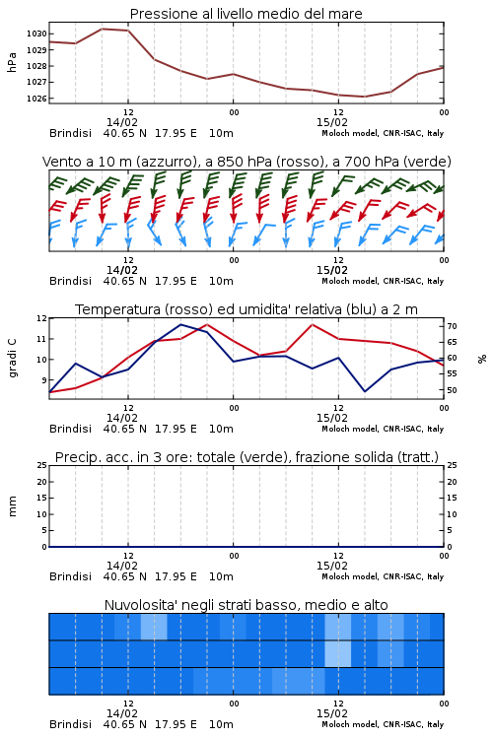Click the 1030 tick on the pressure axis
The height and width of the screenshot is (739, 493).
[36, 34]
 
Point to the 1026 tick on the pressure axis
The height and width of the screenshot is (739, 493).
[36, 99]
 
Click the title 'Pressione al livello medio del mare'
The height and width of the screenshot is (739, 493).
[246, 14]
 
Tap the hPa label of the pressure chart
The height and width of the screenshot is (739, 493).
[12, 62]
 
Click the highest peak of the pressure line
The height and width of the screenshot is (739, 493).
[102, 29]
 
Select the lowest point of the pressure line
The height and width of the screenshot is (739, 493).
[364, 97]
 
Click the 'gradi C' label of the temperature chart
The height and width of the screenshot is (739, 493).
[13, 359]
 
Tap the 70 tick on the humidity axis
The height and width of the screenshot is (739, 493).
[452, 326]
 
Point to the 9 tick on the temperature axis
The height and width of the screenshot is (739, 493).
[43, 380]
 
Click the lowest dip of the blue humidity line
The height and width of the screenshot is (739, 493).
[364, 391]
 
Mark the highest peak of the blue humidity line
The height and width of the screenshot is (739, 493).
[180, 324]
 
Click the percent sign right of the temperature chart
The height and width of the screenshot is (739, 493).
[482, 359]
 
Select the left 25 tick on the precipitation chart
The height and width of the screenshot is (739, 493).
[42, 465]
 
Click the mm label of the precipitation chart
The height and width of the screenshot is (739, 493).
[13, 506]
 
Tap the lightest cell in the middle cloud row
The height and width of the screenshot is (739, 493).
[338, 653]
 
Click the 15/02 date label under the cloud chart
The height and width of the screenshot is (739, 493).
[332, 713]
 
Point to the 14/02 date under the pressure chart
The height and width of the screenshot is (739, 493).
[122, 122]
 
